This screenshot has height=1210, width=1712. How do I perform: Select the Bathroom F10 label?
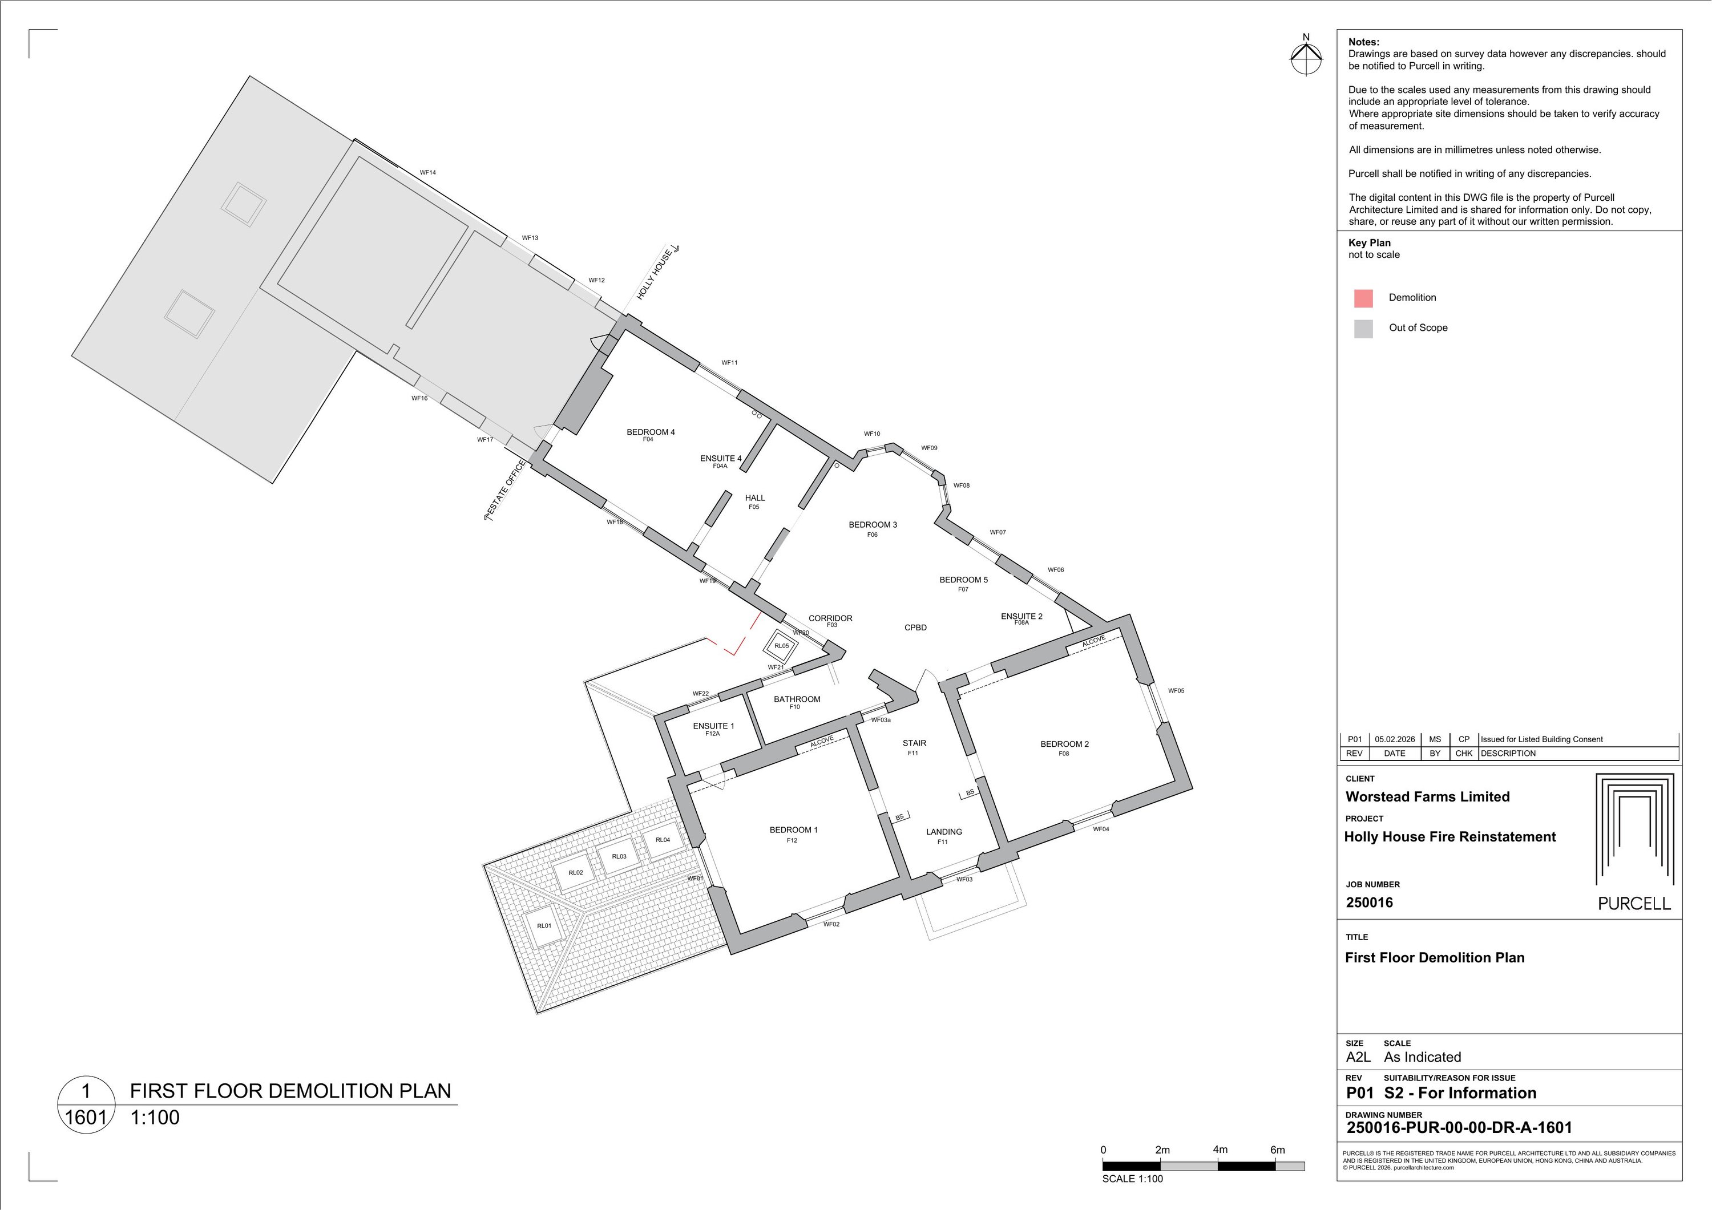tap(796, 702)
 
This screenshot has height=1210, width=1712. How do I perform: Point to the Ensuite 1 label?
tap(713, 729)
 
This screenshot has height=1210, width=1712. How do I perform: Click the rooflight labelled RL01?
tap(544, 926)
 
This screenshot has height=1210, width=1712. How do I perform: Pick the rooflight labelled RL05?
tap(781, 646)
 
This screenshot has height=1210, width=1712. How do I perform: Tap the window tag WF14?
tap(427, 172)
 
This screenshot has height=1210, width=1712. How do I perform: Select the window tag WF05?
tap(1176, 690)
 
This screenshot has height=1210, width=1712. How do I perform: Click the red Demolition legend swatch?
tap(1363, 298)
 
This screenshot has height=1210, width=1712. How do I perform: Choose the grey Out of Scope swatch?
tap(1363, 329)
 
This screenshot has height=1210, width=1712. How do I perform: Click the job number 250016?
tap(1369, 902)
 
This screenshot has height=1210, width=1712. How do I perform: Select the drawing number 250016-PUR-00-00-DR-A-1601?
tap(1459, 1128)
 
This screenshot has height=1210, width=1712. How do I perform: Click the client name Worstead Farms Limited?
tap(1427, 796)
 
